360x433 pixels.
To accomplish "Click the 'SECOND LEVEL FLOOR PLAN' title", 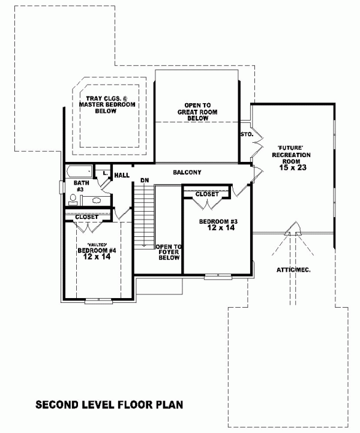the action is click(x=109, y=405).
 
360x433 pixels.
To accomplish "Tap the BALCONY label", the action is click(x=187, y=172).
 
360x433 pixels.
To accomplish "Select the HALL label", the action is click(x=122, y=175).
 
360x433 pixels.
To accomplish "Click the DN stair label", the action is click(x=145, y=181).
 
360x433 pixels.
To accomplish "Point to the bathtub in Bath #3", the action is click(x=80, y=172).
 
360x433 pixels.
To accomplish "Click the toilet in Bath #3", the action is click(x=73, y=200).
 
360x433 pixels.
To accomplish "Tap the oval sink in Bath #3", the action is click(x=96, y=200).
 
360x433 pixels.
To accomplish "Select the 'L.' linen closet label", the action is click(x=105, y=173).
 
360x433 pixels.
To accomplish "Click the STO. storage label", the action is click(x=247, y=134).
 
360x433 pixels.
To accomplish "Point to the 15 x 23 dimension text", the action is click(x=293, y=167).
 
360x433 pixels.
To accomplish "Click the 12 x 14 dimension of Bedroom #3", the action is click(x=221, y=227).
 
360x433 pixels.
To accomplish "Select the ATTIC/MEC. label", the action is click(x=293, y=270).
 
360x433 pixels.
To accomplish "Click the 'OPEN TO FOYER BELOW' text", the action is click(x=169, y=252).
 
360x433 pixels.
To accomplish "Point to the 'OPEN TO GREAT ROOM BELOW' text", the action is click(x=197, y=112).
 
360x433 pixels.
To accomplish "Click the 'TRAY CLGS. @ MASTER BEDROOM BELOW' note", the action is click(x=107, y=105).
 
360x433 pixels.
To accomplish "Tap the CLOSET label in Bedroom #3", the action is click(x=207, y=194).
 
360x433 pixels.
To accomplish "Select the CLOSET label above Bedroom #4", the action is click(x=87, y=217).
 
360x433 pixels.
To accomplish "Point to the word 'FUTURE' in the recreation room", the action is click(x=291, y=148).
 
